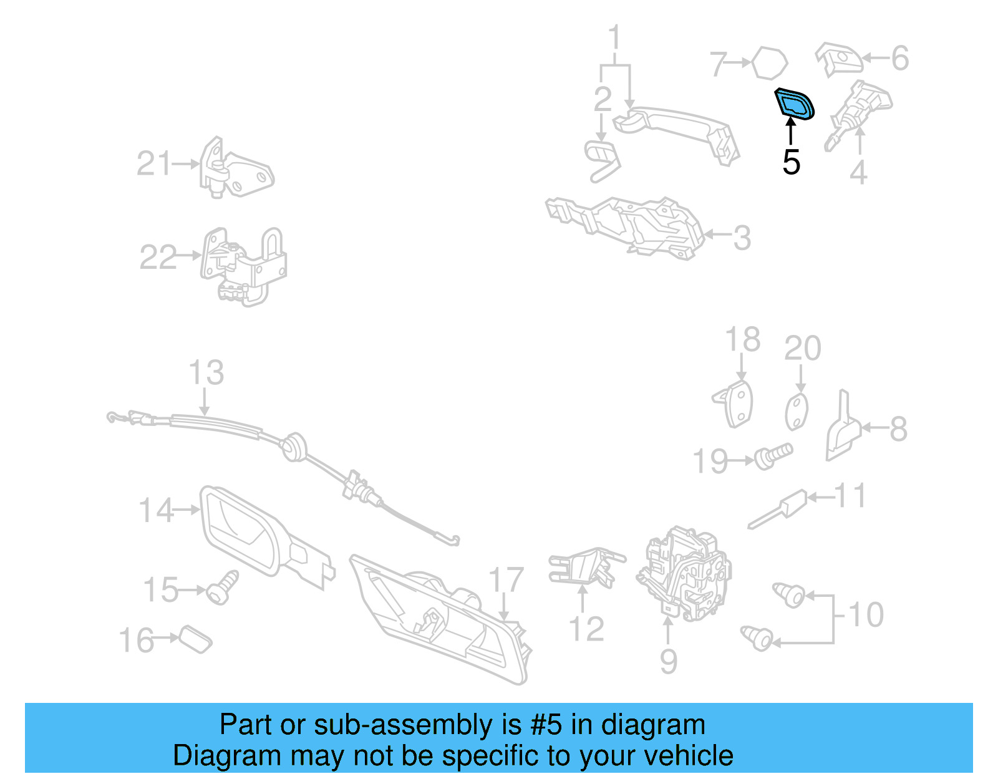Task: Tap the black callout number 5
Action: pyautogui.click(x=791, y=162)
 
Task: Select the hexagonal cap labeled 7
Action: pyautogui.click(x=770, y=62)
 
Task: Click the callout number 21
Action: pyautogui.click(x=153, y=163)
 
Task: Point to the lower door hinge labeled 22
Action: pyautogui.click(x=243, y=266)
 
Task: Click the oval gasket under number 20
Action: pyautogui.click(x=797, y=412)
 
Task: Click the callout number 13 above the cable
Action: pyautogui.click(x=206, y=372)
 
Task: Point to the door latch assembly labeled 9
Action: pyautogui.click(x=684, y=574)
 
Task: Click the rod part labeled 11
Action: pyautogui.click(x=778, y=509)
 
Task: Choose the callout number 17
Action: pyautogui.click(x=506, y=580)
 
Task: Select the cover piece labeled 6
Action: pyautogui.click(x=839, y=60)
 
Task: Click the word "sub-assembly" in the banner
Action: pyautogui.click(x=417, y=725)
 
